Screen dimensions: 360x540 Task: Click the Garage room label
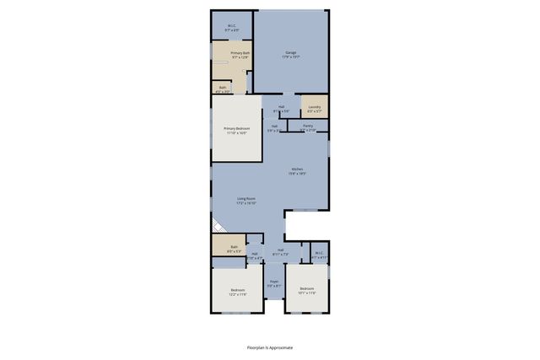[x=290, y=53]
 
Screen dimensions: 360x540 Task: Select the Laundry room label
[x=314, y=107]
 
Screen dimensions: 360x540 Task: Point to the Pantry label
[x=308, y=125]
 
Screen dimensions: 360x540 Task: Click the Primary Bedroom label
[x=235, y=129]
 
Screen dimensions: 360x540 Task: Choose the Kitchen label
[x=297, y=169]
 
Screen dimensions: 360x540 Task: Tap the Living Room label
[x=246, y=199]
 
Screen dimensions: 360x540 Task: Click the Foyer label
[x=273, y=282]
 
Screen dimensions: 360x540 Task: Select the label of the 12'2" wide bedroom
[x=238, y=291]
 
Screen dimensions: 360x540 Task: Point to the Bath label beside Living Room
[x=234, y=247]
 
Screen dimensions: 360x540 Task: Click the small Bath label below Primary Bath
[x=223, y=87]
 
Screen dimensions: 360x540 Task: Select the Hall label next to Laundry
[x=280, y=107]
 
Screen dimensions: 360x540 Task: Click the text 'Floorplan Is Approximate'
[x=270, y=347]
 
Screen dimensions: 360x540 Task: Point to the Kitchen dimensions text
[x=297, y=173]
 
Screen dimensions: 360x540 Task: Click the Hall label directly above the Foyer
[x=280, y=251]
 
